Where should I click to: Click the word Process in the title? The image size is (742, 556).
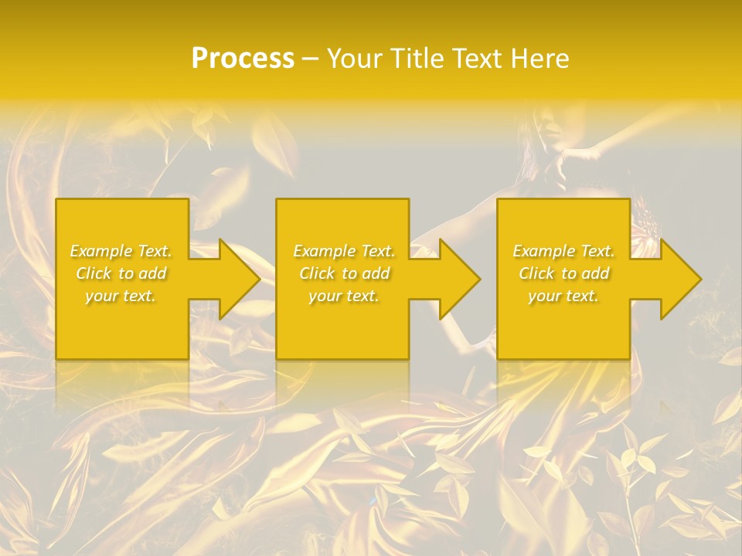pos(243,59)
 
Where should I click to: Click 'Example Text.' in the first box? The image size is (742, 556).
pos(121,251)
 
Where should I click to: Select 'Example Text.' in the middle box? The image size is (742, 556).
pos(343,251)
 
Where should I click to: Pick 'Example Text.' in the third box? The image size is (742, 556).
pos(563,251)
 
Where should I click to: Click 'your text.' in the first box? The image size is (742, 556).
pos(121,296)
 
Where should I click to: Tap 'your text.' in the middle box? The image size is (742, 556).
pos(343,296)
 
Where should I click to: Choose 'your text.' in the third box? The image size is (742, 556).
pos(563,296)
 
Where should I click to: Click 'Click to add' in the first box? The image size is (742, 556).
pos(121,273)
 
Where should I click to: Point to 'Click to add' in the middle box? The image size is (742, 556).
pos(343,273)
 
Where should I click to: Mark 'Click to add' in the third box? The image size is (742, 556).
pos(563,273)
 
